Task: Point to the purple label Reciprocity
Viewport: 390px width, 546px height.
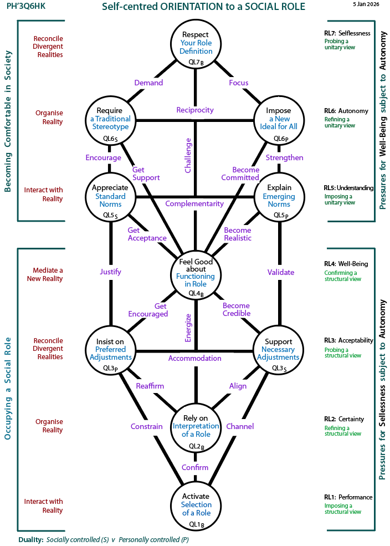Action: point(195,110)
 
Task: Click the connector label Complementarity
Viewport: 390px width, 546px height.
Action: point(194,203)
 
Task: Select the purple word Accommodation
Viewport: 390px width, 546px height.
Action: point(194,358)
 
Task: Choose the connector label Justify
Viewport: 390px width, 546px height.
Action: point(111,272)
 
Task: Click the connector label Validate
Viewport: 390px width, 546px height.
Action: point(281,272)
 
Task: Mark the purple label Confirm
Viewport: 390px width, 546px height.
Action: point(195,467)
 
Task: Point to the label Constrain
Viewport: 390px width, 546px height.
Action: point(146,426)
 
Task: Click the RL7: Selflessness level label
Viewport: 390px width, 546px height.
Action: point(347,33)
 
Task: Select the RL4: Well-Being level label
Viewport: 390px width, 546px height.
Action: point(346,264)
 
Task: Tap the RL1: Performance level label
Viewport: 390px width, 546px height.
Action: point(348,497)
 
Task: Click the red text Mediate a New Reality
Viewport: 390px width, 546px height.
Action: point(45,274)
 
